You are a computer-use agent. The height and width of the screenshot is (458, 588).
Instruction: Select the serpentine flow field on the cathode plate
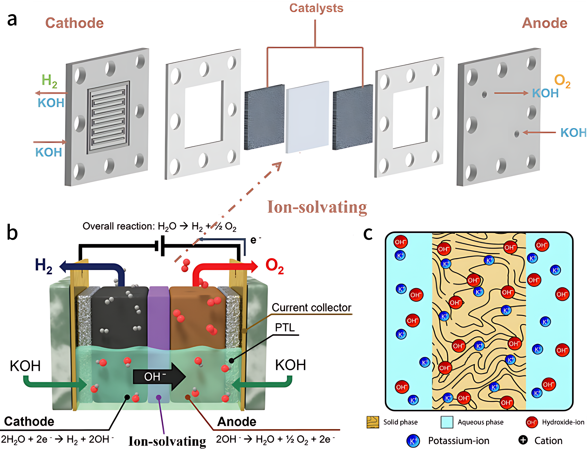[108, 117]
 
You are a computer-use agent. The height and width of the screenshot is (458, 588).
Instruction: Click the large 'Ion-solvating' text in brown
[317, 207]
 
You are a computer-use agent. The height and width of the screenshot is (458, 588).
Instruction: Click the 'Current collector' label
[311, 307]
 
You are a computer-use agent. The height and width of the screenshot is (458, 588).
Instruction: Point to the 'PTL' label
[285, 328]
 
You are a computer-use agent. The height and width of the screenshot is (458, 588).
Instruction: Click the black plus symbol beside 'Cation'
[523, 440]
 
